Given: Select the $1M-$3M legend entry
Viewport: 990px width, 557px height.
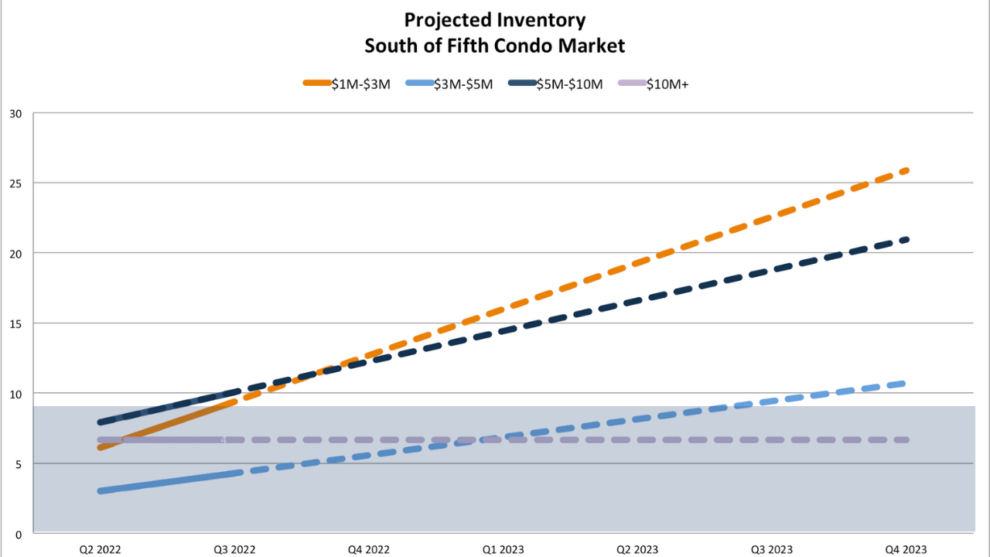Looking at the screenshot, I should (346, 84).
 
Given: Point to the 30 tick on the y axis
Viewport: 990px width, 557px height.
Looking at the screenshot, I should (16, 114).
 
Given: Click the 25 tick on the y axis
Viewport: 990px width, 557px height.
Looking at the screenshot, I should (16, 183).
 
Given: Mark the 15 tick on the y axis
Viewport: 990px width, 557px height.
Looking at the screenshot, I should (16, 323).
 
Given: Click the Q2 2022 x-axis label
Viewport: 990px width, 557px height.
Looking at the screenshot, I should (100, 549).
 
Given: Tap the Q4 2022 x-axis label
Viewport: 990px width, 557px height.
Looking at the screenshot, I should (369, 549).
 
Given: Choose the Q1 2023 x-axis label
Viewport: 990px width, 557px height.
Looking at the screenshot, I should (503, 549).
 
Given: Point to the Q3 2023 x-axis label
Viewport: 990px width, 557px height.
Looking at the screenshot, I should (772, 549).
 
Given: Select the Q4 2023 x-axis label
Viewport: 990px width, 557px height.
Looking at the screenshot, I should (906, 549).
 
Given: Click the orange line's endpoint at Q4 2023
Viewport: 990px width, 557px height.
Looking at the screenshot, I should (906, 169).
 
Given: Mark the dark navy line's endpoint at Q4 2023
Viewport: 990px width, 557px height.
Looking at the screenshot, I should (906, 239).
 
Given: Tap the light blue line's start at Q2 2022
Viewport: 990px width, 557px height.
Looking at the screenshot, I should (101, 490).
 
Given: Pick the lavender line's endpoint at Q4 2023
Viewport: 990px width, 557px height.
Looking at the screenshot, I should (906, 439).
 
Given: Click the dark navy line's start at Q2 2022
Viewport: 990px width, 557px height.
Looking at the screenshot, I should (101, 422).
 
